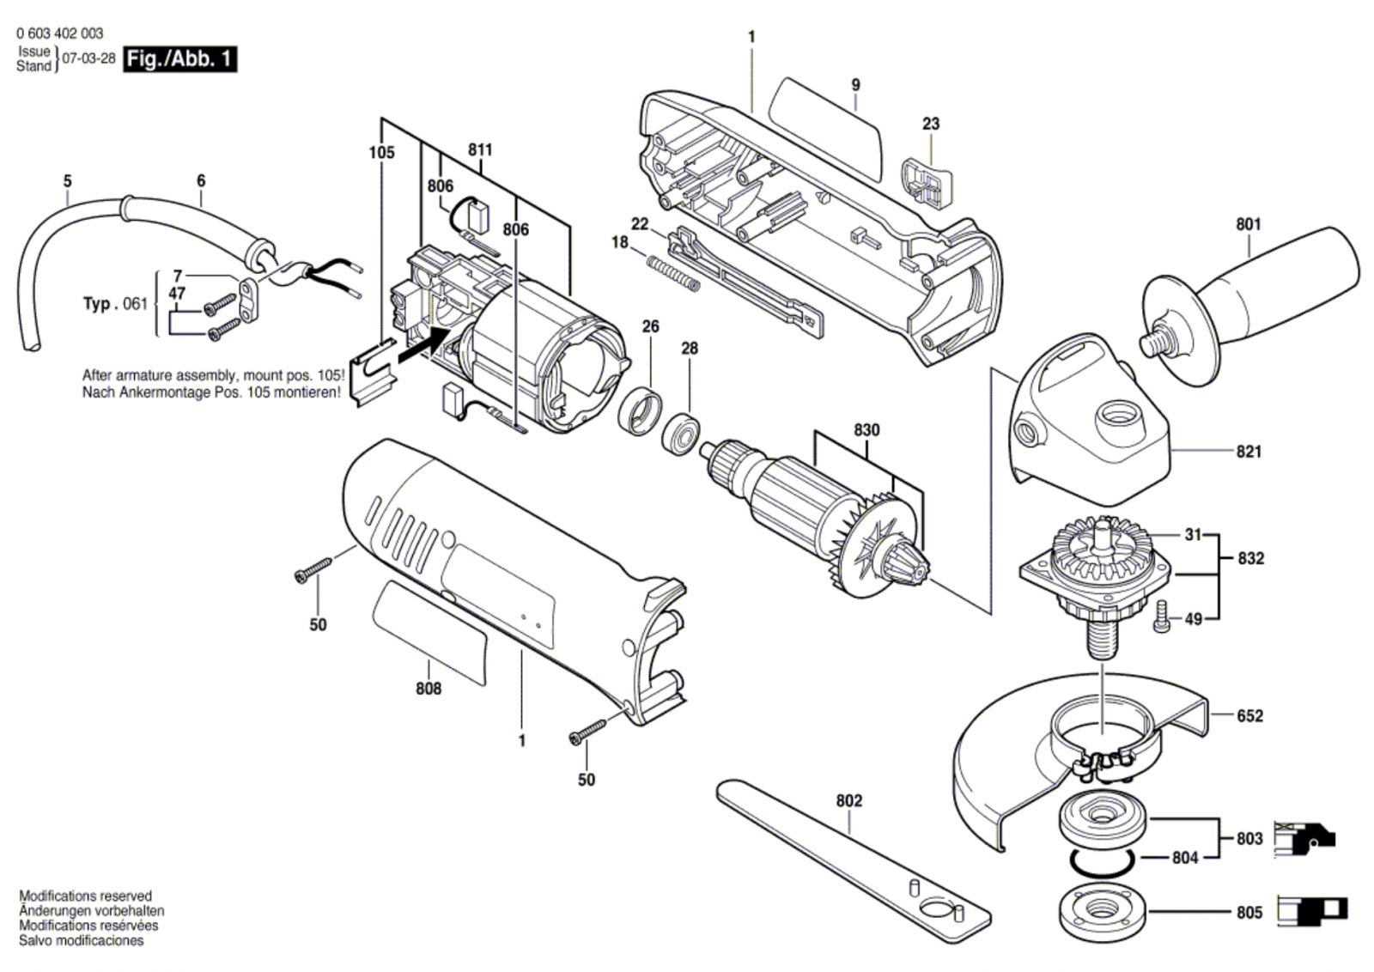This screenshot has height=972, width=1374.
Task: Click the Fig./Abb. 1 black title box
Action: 179,59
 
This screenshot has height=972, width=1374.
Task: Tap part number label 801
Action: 1249,224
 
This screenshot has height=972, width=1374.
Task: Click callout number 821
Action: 1249,452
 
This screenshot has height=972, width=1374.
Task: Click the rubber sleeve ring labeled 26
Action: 641,411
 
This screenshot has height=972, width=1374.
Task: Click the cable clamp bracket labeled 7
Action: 248,301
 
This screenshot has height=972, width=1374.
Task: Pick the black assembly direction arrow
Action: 424,346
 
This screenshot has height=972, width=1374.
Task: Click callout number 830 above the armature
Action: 866,430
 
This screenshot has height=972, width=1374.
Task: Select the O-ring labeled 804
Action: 1103,861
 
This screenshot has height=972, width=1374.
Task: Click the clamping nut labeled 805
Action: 1103,912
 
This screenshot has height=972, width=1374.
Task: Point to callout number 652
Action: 1249,715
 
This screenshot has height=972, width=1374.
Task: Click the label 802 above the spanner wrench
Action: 849,801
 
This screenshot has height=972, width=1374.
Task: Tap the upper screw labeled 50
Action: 313,568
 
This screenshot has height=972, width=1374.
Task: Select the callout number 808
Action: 429,689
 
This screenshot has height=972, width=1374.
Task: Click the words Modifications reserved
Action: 85,896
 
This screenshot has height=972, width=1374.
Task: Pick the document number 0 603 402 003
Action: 60,33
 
